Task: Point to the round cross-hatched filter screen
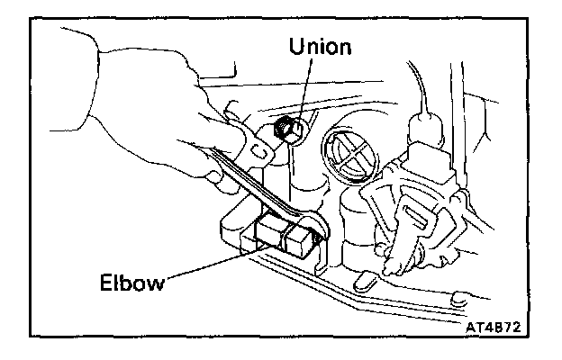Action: (x=349, y=149)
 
